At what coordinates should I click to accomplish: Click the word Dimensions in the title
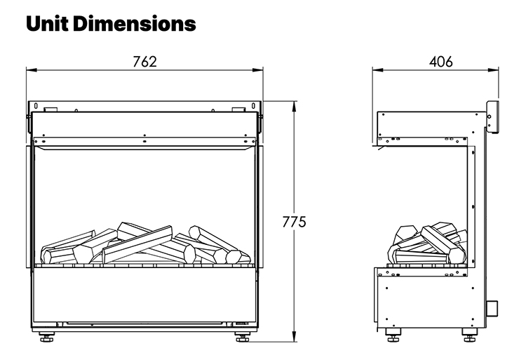(x=135, y=24)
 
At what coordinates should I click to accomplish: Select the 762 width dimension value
(x=144, y=62)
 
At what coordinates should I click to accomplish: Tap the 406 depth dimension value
(x=440, y=62)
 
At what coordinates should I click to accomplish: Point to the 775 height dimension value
(x=294, y=222)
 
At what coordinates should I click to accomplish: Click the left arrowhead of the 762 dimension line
(x=30, y=70)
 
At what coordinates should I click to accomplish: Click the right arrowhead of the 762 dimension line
(x=259, y=70)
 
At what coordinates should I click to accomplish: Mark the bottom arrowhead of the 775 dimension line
(x=293, y=339)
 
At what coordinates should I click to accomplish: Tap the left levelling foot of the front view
(x=47, y=338)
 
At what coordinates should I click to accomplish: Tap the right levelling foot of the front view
(x=243, y=338)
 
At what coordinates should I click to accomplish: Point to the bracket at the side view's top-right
(x=492, y=116)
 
